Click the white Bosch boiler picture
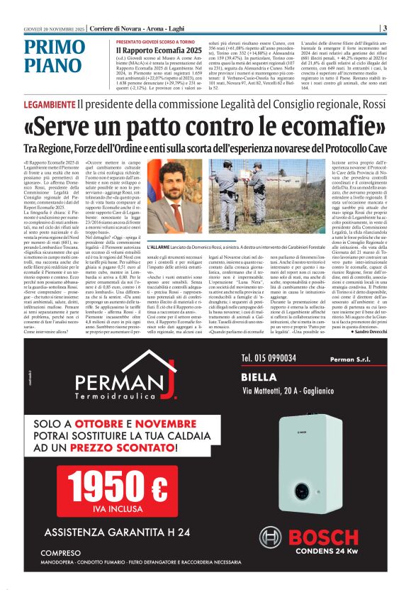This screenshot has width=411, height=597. click(x=327, y=464)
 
